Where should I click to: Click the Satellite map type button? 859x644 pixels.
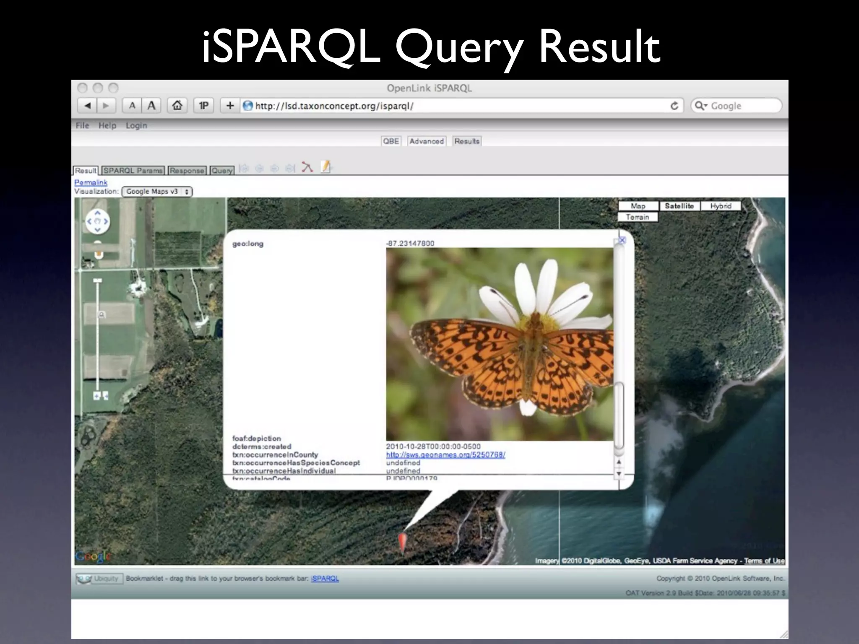(679, 206)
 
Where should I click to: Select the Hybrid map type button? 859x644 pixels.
(721, 206)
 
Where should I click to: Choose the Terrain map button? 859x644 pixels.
(638, 217)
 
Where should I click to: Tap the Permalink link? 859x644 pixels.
(91, 182)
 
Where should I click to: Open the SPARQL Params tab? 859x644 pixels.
(133, 171)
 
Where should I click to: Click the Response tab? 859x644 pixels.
(187, 171)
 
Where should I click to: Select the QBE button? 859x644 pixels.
(391, 141)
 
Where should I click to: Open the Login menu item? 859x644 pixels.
(136, 125)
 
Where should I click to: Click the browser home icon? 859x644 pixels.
(177, 105)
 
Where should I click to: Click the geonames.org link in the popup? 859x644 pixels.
(445, 455)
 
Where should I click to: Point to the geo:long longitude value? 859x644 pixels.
(410, 243)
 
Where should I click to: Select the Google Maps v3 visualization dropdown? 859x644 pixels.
(157, 192)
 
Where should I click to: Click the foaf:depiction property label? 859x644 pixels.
(257, 438)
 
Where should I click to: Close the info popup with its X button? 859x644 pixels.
(622, 240)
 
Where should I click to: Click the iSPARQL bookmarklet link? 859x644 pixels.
(325, 579)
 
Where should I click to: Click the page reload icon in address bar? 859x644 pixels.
(674, 106)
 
